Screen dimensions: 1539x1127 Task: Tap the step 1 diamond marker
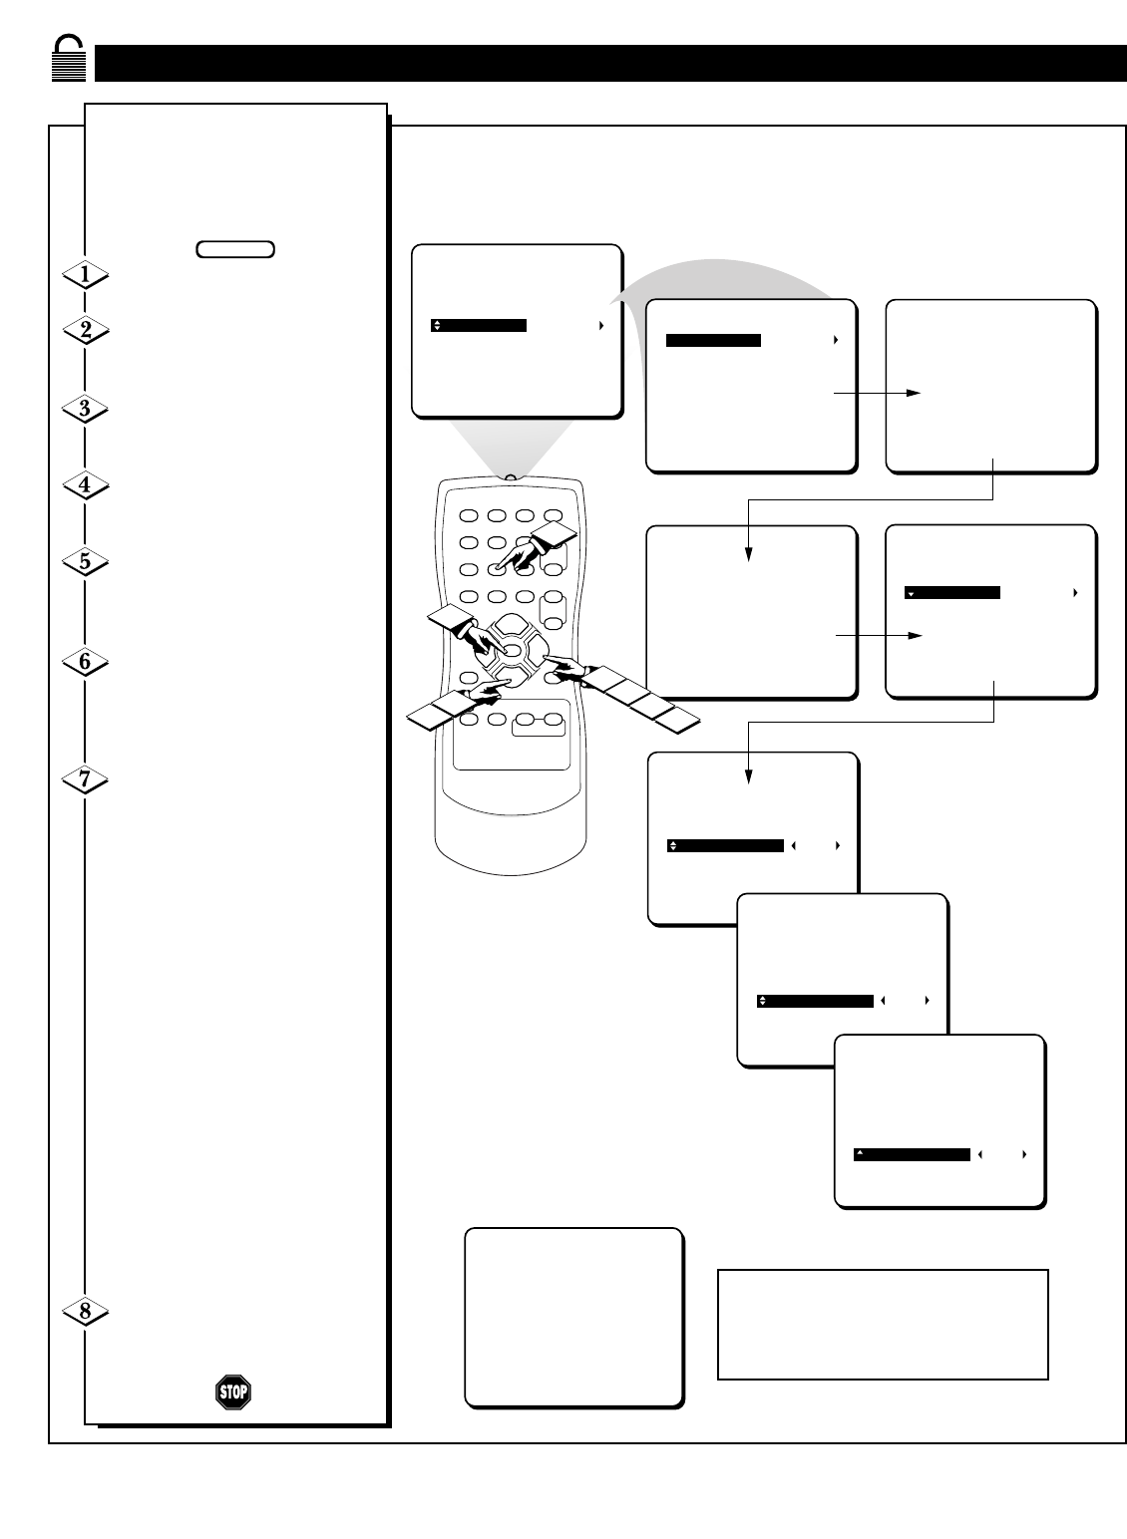coord(85,273)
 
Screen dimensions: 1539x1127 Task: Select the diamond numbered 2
coord(85,331)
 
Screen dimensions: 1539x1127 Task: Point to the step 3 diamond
coord(85,408)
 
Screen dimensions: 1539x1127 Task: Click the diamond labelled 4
coord(85,485)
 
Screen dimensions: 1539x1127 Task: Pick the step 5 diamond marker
coord(85,561)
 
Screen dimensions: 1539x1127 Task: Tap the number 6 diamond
coord(85,661)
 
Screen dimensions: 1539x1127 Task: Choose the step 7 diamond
coord(85,779)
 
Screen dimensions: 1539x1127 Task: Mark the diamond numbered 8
coord(85,1312)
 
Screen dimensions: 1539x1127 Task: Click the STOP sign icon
coord(233,1391)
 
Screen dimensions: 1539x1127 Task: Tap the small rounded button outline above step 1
coord(235,249)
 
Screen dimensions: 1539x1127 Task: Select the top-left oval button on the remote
coord(469,516)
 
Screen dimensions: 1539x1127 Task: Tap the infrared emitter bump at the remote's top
coord(511,478)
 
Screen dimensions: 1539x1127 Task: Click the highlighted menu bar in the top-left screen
coord(479,325)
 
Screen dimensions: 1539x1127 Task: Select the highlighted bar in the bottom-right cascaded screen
coord(912,1154)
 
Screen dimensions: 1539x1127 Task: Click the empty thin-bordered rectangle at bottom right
coord(883,1324)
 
